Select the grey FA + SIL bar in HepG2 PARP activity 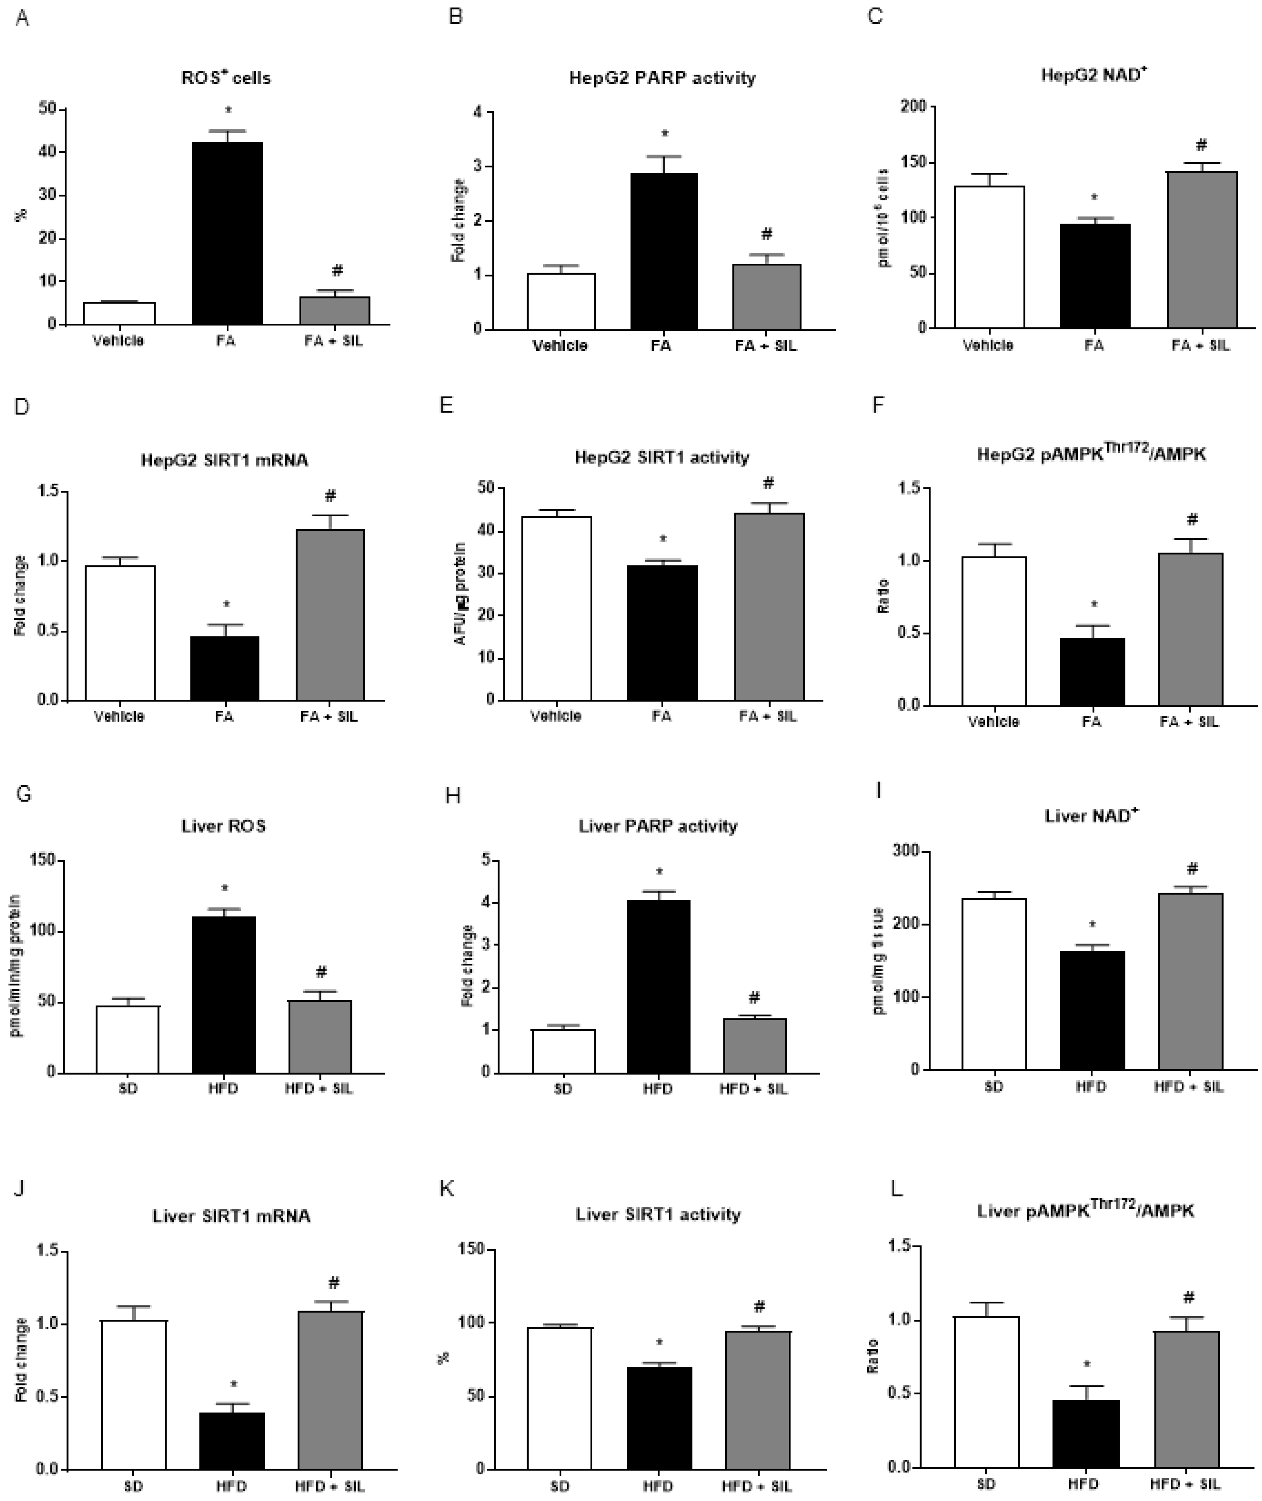(766, 297)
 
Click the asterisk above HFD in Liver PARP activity (660, 872)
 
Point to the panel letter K (447, 1189)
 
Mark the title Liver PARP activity (658, 826)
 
